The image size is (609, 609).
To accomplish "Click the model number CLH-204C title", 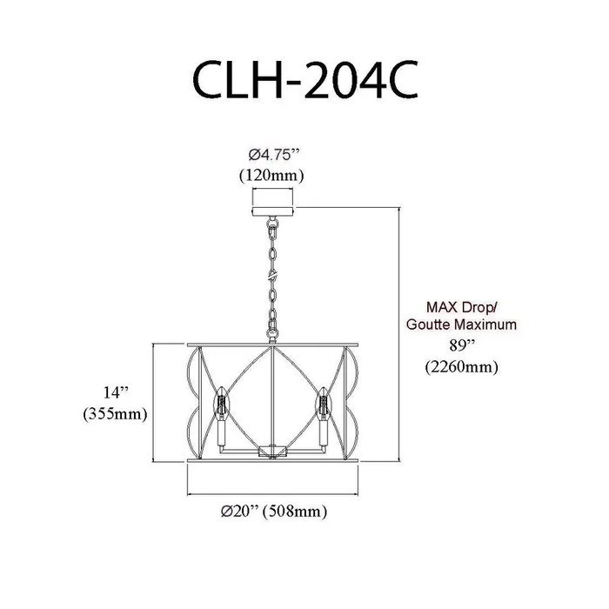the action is click(x=304, y=80).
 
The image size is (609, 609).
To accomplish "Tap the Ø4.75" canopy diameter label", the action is click(x=275, y=156).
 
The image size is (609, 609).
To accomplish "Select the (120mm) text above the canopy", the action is click(x=271, y=176).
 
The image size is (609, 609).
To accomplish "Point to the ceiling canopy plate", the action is click(x=273, y=211).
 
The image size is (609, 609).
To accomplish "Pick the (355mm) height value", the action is click(x=116, y=414).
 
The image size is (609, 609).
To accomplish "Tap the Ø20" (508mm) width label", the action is click(x=274, y=511).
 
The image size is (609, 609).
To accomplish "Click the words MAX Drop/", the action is click(x=462, y=307).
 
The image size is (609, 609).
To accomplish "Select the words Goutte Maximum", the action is click(x=461, y=324).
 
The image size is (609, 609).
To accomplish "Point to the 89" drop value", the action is click(x=461, y=345).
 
